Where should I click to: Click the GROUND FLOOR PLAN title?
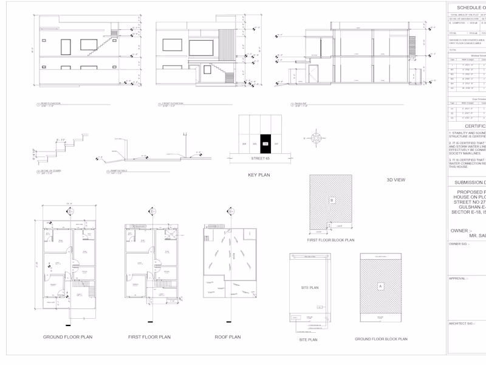point(67,336)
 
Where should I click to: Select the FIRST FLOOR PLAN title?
point(152,336)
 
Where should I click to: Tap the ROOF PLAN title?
point(228,336)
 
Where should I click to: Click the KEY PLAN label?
point(259,175)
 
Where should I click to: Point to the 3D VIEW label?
point(396,180)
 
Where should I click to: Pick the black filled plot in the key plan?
point(265,144)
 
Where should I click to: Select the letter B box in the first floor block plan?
point(332,200)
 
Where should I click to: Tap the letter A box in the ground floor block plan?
point(381,285)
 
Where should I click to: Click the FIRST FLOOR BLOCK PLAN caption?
point(332,240)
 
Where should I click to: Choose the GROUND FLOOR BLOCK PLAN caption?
point(381,339)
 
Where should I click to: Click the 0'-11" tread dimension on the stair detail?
point(61,141)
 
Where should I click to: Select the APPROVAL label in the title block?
point(458,279)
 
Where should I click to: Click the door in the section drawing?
point(313,75)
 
